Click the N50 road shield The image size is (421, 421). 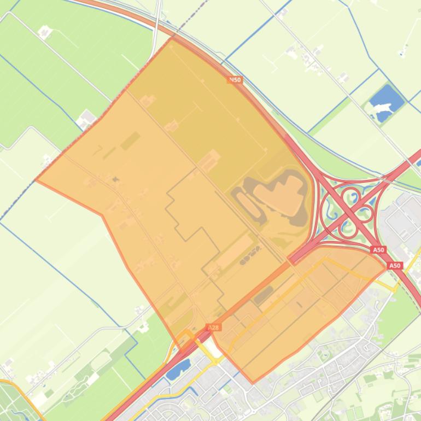click(x=235, y=80)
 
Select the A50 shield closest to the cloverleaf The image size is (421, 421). click(x=378, y=249)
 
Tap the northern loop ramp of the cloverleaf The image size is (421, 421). click(x=350, y=195)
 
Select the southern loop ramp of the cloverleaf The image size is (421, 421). click(x=348, y=229)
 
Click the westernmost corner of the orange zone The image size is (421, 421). click(x=36, y=179)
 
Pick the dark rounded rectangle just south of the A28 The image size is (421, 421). click(x=263, y=294)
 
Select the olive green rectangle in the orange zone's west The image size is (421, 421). click(x=130, y=141)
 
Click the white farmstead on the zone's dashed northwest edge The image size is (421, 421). click(x=87, y=118)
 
